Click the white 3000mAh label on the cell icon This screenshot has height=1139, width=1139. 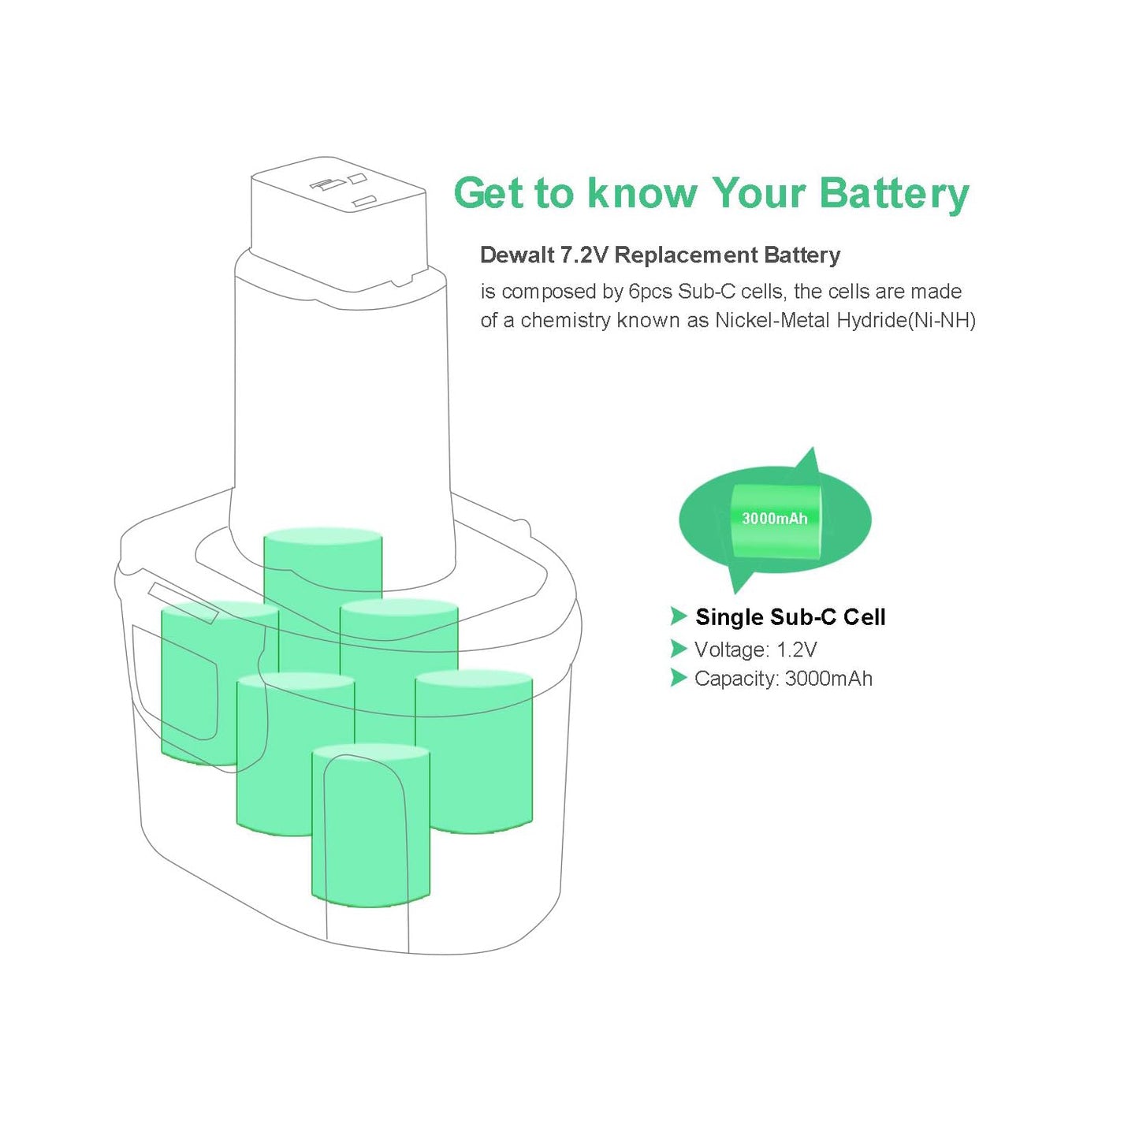tap(774, 519)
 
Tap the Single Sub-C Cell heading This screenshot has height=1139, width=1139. tap(790, 617)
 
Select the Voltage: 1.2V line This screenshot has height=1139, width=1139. tap(755, 650)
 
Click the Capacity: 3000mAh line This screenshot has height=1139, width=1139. tap(783, 679)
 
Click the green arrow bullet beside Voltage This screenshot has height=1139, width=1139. tap(678, 649)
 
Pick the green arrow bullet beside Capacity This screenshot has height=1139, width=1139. tap(678, 678)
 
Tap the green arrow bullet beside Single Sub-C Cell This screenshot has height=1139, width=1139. tap(678, 616)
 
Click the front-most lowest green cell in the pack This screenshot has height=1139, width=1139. tap(370, 828)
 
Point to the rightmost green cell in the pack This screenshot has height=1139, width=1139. tap(475, 749)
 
